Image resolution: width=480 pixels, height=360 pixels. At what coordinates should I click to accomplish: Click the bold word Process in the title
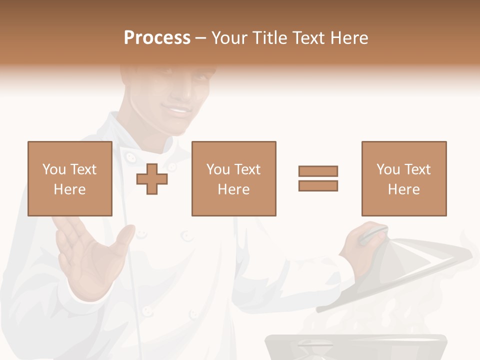coord(157,38)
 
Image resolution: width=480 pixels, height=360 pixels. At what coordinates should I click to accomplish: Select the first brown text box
coord(70,178)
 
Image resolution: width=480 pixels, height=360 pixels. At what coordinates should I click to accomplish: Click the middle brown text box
coord(234,178)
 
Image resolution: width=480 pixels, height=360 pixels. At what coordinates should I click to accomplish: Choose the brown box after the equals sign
coord(404,178)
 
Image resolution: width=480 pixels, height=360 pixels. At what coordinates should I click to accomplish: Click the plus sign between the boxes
coord(152,178)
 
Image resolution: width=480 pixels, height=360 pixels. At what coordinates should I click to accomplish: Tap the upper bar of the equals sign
coord(318,171)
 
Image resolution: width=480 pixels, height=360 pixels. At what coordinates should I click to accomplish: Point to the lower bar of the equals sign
coord(318,185)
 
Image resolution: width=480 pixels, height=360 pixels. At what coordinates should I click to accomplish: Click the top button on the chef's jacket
coord(130,157)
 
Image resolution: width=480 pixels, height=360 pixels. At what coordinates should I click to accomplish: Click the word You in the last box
coord(388,169)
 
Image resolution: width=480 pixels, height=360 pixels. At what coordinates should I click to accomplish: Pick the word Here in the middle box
coord(234,189)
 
